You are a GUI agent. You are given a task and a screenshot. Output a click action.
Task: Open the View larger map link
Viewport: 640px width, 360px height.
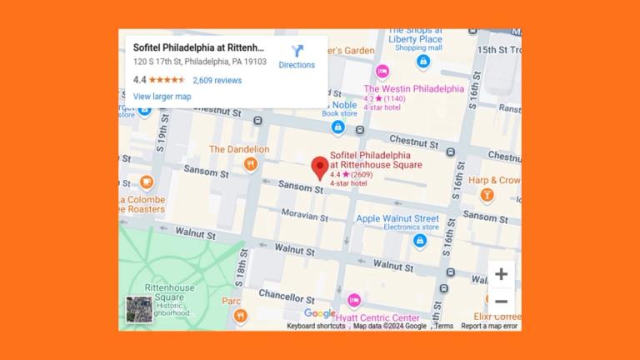(162, 97)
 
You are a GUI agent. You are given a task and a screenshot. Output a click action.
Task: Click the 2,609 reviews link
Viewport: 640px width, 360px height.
(217, 81)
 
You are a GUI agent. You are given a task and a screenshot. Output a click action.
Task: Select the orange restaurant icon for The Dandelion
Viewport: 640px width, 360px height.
(249, 164)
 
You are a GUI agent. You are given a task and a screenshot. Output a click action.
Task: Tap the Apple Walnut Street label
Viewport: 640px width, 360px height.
(397, 219)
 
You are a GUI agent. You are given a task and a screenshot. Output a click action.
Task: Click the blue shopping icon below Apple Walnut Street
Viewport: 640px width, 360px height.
(420, 241)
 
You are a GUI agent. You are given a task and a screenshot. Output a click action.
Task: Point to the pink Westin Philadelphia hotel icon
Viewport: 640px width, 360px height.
(382, 72)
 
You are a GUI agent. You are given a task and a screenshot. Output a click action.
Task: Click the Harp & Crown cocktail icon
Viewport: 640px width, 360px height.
(487, 195)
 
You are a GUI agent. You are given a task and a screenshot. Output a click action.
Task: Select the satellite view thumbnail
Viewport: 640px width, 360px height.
(139, 309)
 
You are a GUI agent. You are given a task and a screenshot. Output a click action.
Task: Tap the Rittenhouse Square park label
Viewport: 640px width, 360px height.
(170, 292)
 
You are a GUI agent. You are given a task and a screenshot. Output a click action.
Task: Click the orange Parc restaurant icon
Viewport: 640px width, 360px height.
(241, 315)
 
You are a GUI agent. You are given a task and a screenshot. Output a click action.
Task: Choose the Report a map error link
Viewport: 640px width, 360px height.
(489, 326)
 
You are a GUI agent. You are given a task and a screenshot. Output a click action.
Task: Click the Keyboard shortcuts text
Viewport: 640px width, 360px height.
(316, 326)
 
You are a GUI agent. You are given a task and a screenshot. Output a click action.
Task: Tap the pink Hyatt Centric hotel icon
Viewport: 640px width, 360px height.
(354, 301)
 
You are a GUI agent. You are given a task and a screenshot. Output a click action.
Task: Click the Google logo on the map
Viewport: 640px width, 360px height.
(319, 313)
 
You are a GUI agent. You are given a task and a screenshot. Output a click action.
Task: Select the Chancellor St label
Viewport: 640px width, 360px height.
(286, 295)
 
